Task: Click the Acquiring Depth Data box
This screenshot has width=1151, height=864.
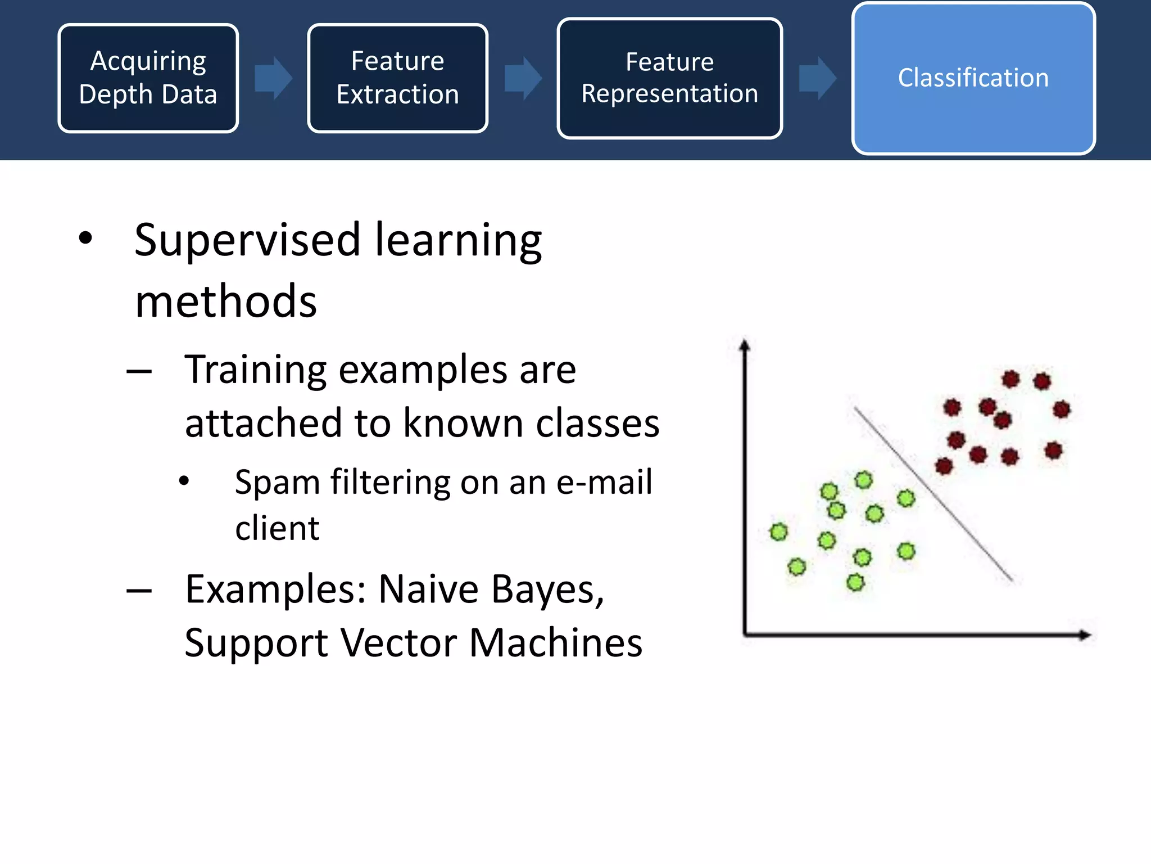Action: pyautogui.click(x=148, y=78)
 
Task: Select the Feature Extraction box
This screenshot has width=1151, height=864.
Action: pyautogui.click(x=397, y=78)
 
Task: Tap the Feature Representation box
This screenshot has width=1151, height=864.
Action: pyautogui.click(x=669, y=78)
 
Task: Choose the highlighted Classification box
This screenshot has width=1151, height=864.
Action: pyautogui.click(x=973, y=78)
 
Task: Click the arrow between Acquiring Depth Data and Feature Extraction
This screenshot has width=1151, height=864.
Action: pyautogui.click(x=273, y=78)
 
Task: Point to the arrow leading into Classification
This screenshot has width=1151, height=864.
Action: pyautogui.click(x=818, y=78)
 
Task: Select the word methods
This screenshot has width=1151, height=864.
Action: pyautogui.click(x=226, y=301)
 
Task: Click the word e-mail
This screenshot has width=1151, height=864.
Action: pyautogui.click(x=604, y=483)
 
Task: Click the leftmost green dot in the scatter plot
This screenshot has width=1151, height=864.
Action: pyautogui.click(x=778, y=532)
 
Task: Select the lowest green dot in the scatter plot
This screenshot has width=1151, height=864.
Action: pyautogui.click(x=855, y=582)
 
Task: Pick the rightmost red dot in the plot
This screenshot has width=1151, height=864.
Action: pyautogui.click(x=1061, y=409)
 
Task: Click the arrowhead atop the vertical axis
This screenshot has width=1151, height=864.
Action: pyautogui.click(x=745, y=345)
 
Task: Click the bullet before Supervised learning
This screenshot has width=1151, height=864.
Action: pyautogui.click(x=85, y=238)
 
